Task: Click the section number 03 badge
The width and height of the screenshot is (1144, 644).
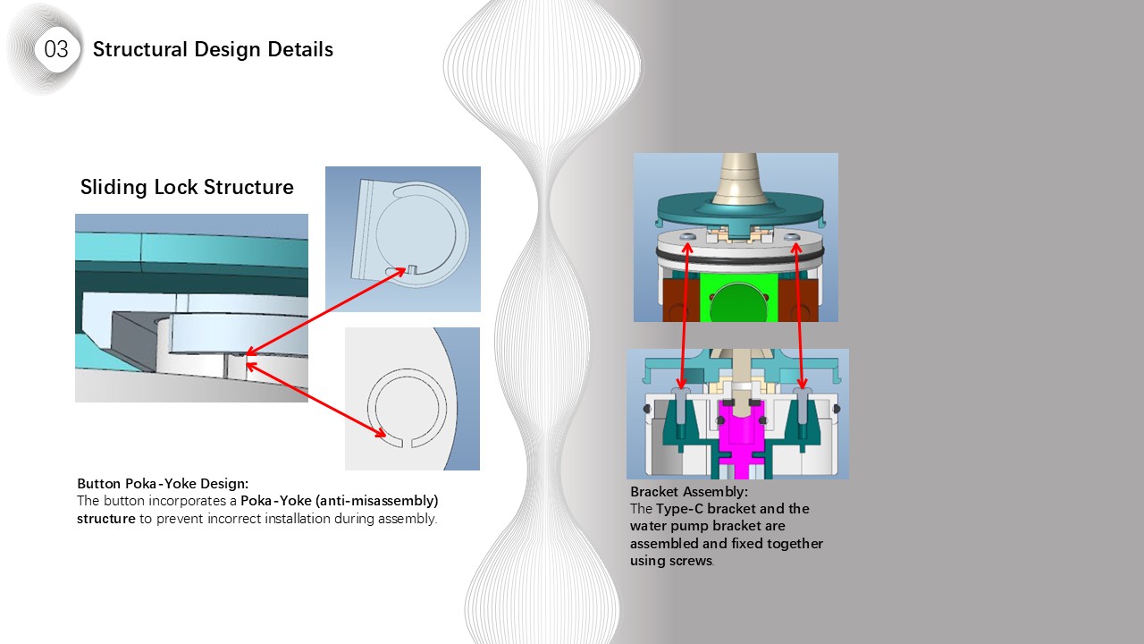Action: (x=55, y=49)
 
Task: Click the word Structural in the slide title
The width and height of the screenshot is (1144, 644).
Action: (x=136, y=49)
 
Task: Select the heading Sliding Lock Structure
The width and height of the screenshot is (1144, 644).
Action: (x=187, y=187)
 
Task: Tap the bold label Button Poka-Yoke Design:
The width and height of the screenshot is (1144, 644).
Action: (x=163, y=484)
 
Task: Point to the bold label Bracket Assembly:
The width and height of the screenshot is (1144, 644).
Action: (x=689, y=492)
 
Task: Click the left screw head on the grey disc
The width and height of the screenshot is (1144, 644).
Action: (x=687, y=237)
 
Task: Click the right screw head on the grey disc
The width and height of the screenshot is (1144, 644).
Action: (x=794, y=237)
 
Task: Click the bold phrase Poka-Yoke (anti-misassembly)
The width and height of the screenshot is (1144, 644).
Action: (x=340, y=501)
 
